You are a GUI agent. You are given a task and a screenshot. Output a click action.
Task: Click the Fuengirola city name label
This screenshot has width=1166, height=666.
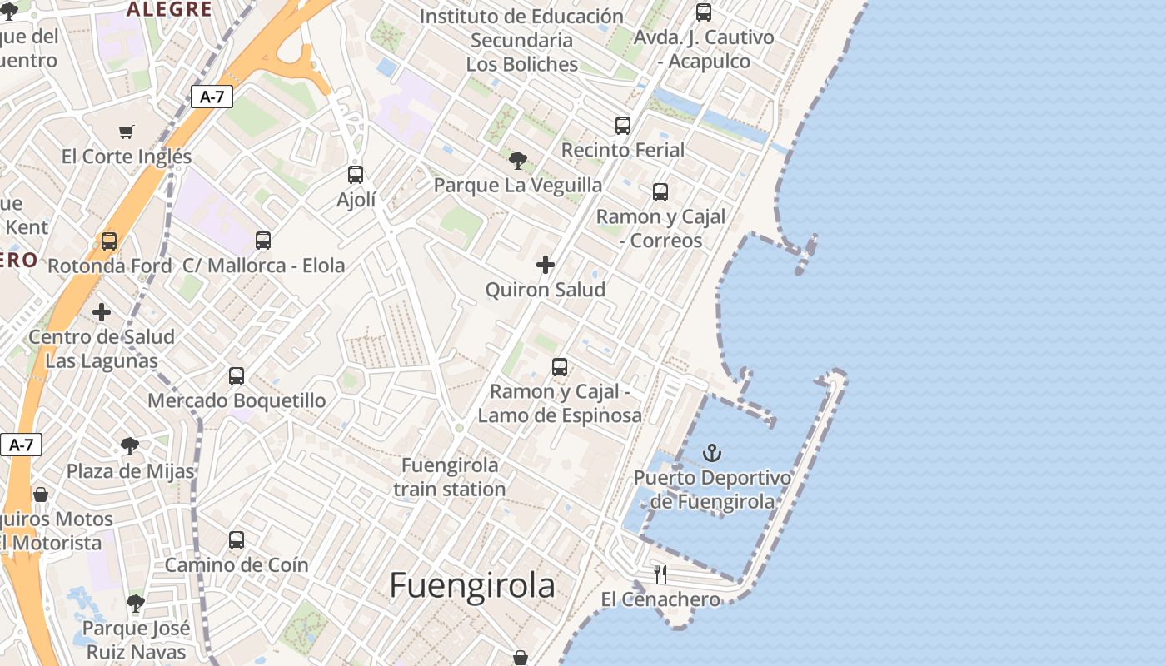click(x=471, y=585)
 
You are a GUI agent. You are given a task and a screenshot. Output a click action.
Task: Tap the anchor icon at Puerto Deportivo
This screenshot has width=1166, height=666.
click(x=711, y=454)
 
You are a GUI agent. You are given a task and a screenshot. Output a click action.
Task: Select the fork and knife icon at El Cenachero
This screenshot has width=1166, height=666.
click(x=660, y=574)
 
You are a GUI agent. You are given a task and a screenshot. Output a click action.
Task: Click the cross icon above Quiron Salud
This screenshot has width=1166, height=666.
click(x=546, y=266)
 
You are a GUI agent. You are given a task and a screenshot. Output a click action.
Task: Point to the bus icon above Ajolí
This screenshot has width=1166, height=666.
click(x=356, y=175)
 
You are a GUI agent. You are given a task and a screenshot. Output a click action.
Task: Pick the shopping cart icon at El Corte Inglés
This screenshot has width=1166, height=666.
click(x=127, y=132)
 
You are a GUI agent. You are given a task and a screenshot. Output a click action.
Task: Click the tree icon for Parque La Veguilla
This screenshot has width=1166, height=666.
click(x=517, y=160)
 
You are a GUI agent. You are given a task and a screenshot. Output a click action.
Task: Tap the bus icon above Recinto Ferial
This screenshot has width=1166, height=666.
click(x=623, y=126)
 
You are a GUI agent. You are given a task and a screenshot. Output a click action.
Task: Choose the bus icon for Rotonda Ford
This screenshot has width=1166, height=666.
click(x=109, y=241)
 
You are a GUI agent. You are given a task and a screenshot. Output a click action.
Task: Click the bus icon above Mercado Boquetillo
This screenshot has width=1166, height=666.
click(x=237, y=376)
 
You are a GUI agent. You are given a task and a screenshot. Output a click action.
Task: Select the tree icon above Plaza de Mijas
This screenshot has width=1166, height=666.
click(x=130, y=446)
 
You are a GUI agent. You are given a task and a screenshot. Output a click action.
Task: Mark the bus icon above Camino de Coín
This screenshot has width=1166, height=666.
click(x=237, y=540)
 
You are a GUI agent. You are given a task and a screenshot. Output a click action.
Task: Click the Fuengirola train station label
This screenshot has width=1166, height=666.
click(x=450, y=477)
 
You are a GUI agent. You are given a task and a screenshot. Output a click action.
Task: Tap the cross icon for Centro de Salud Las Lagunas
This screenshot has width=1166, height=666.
click(x=102, y=312)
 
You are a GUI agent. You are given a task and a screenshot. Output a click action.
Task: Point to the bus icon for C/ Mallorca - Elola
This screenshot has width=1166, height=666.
click(x=263, y=241)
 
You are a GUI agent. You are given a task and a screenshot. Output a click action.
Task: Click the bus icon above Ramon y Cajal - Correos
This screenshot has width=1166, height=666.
click(x=660, y=192)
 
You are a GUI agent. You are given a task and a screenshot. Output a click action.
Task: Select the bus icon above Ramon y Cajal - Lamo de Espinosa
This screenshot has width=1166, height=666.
click(x=560, y=367)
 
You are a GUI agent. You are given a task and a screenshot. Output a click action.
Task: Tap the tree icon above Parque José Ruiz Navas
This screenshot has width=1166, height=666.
click(x=136, y=604)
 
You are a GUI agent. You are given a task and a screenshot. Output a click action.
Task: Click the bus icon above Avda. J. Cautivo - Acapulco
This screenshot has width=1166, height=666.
click(x=704, y=12)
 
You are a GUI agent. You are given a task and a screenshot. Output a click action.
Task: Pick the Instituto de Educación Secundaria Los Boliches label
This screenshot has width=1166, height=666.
click(x=521, y=40)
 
